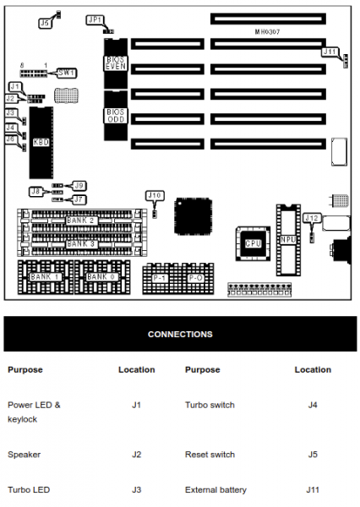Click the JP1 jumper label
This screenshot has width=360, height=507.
(x=94, y=19)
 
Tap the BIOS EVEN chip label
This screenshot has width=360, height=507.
(x=116, y=62)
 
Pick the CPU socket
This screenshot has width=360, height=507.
(x=251, y=243)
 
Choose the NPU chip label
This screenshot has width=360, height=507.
(x=288, y=239)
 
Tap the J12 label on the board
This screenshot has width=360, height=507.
(x=311, y=218)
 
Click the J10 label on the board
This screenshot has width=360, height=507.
(x=154, y=195)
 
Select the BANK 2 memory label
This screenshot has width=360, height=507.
(x=81, y=221)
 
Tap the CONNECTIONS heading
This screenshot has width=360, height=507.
(x=180, y=335)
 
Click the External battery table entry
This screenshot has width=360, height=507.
(x=215, y=489)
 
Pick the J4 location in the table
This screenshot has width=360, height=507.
(x=313, y=406)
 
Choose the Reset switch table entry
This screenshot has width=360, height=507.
(x=210, y=455)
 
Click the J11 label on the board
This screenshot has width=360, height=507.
(x=330, y=52)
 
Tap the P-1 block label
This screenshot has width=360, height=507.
(x=160, y=277)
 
